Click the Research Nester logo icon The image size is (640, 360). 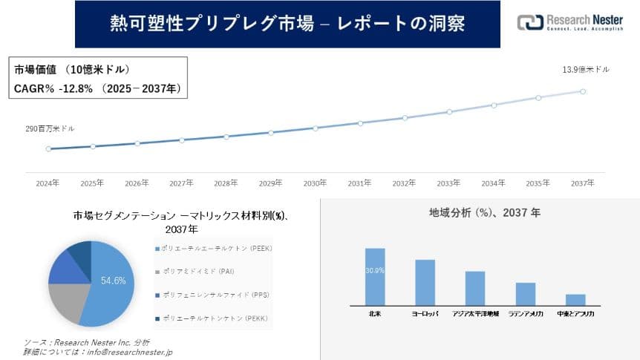coord(530,23)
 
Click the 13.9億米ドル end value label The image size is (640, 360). coord(586,69)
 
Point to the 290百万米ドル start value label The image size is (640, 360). coord(50,128)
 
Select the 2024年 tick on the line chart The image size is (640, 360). coord(48,183)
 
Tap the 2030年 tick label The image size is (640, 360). coord(315,183)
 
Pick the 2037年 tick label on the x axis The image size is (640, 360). coord(583,183)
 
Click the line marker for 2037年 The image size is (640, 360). coord(583,91)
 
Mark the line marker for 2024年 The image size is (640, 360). coord(48,148)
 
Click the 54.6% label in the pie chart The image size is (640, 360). coord(113,281)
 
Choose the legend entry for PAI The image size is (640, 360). coord(193,272)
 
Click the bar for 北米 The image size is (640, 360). coord(375,276)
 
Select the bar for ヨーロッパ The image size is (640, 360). coord(425,282)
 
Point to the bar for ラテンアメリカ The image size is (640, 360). coord(526,293)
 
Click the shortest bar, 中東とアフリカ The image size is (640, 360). coord(575,299)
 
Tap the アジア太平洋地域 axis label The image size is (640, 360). coord(475,314)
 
